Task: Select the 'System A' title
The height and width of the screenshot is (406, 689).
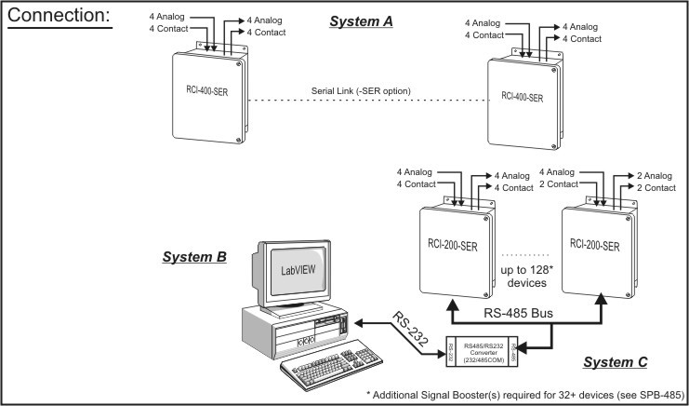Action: (360, 20)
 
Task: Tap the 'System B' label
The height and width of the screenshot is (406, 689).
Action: (194, 255)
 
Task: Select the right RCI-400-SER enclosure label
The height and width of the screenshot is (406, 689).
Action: (527, 97)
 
